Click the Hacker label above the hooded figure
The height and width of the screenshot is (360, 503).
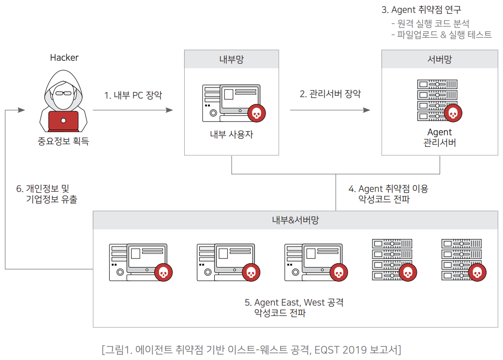tap(64, 58)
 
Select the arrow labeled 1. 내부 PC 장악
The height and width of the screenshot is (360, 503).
tap(133, 110)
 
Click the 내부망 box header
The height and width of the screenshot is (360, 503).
tap(232, 59)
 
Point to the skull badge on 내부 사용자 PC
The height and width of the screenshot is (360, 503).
tap(257, 113)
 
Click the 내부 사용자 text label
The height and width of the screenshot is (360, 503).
tap(232, 135)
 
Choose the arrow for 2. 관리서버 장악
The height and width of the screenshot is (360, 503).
tap(330, 110)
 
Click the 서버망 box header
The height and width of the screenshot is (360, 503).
tap(440, 59)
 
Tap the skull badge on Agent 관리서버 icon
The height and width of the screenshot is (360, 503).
tap(453, 113)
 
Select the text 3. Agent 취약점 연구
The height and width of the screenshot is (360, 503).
tap(422, 10)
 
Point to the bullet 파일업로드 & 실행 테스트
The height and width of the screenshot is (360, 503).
tap(441, 34)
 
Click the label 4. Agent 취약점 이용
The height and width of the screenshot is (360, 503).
tap(388, 188)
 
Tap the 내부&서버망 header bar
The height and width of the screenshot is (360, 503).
tap(295, 220)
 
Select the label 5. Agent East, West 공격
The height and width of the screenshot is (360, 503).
tap(294, 302)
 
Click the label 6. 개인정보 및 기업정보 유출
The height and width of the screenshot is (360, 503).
tap(46, 193)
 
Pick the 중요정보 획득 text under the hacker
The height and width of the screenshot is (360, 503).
tap(63, 142)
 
